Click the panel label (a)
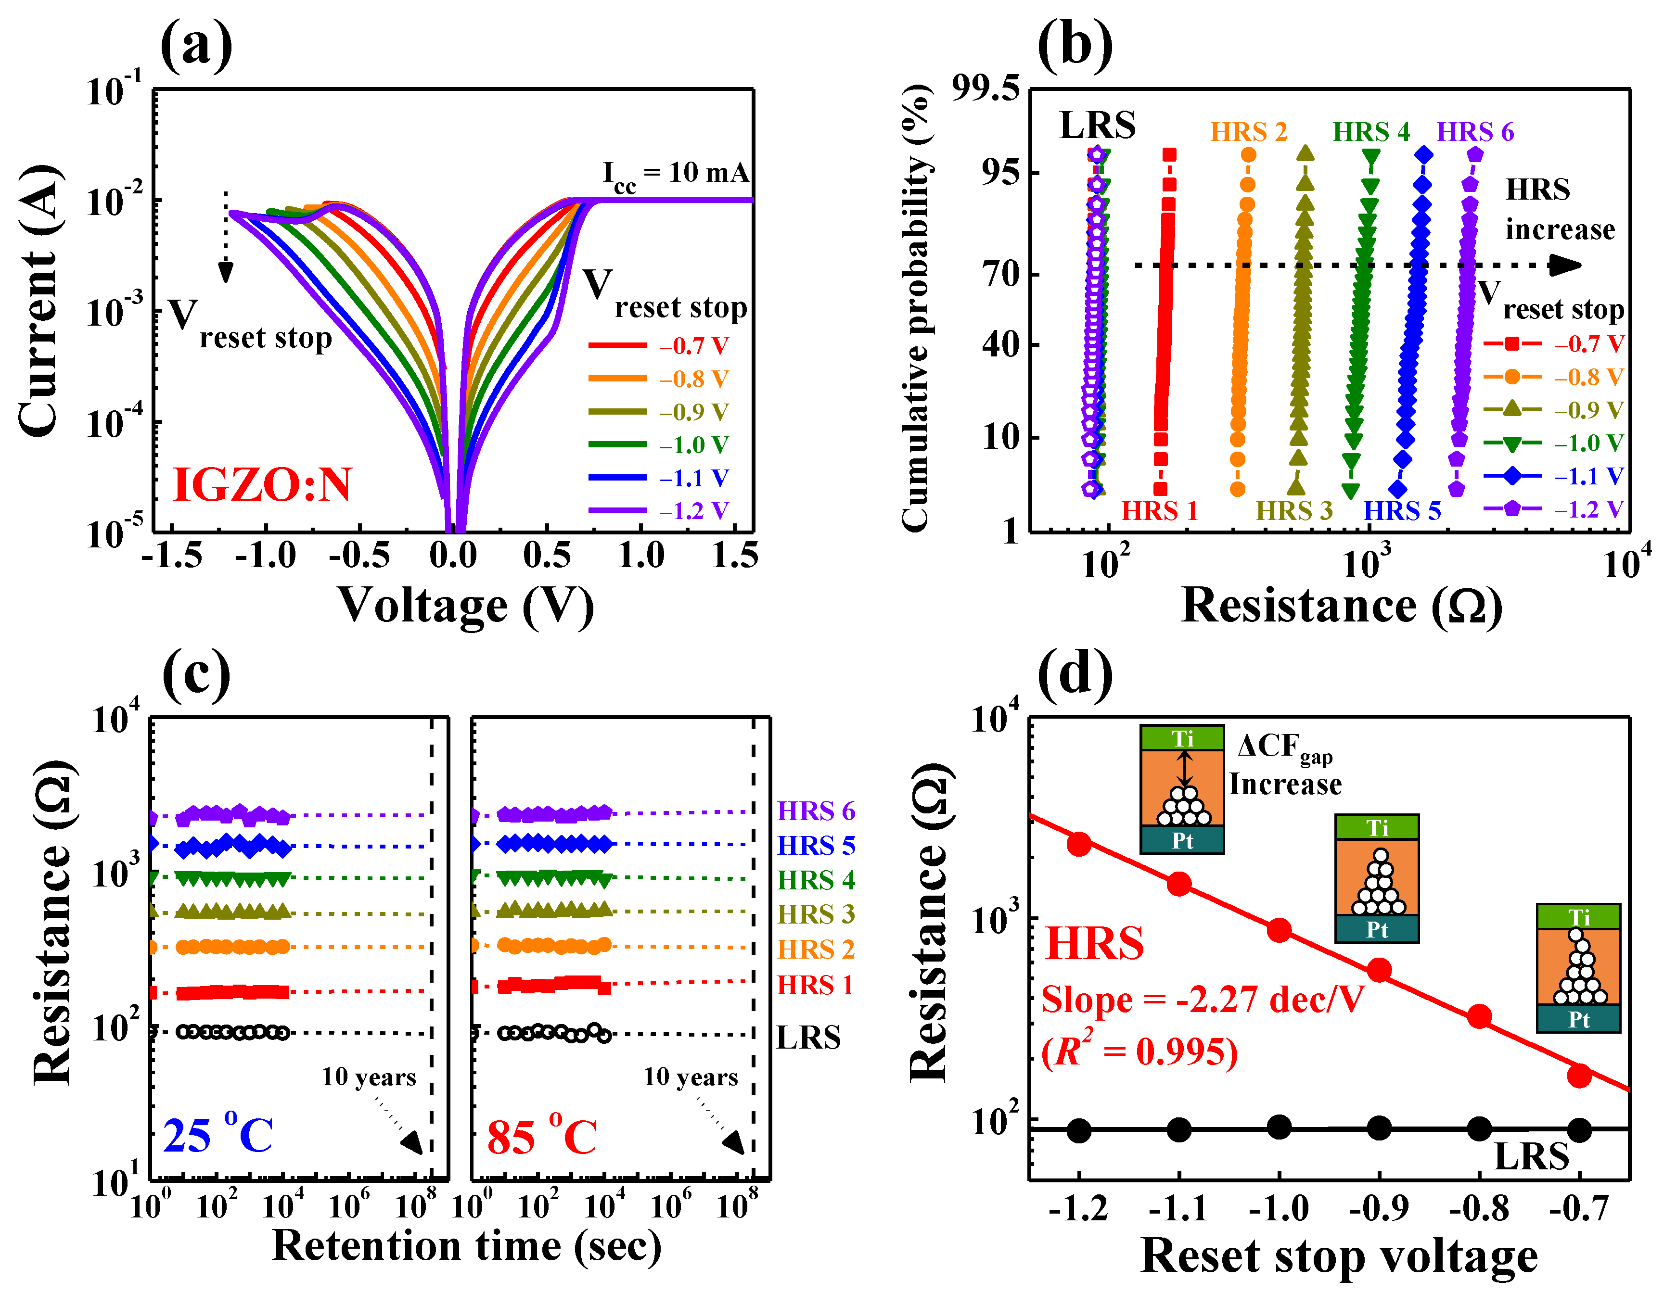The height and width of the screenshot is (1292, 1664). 196,46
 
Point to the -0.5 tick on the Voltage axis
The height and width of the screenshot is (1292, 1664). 359,556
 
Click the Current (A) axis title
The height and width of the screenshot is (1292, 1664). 38,301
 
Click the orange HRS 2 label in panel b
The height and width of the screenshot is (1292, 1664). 1248,132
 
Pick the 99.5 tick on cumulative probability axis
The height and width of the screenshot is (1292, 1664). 985,89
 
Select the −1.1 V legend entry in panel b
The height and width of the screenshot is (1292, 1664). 1554,476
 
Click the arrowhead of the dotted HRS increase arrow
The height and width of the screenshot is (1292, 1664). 1566,265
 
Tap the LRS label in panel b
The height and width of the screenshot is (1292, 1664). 1097,125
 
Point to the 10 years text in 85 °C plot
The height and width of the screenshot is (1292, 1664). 690,1077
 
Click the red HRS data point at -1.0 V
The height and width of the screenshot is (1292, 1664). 1279,930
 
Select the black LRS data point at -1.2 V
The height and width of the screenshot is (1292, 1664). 1079,1130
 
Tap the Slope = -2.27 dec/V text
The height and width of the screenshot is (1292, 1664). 1202,1000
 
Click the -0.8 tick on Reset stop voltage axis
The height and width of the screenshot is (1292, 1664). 1478,1209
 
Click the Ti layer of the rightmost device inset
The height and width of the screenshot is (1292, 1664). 1578,916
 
